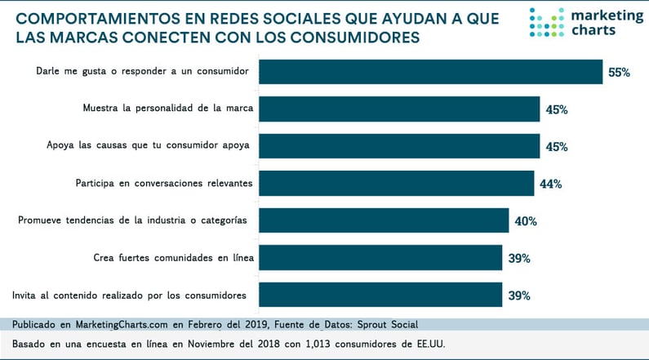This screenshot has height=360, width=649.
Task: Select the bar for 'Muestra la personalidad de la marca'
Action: click(x=401, y=109)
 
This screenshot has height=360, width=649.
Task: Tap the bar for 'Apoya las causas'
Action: click(x=401, y=146)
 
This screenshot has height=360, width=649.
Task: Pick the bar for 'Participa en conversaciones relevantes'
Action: click(x=398, y=184)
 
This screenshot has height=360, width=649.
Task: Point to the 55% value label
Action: click(x=619, y=73)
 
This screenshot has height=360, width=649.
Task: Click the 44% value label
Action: click(x=550, y=184)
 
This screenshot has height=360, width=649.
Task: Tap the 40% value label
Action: click(x=525, y=221)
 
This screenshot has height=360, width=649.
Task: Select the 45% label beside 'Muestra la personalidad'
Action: click(x=557, y=109)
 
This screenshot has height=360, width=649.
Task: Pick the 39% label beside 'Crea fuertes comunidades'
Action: click(x=519, y=258)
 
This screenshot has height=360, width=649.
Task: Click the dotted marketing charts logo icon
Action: click(x=546, y=23)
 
